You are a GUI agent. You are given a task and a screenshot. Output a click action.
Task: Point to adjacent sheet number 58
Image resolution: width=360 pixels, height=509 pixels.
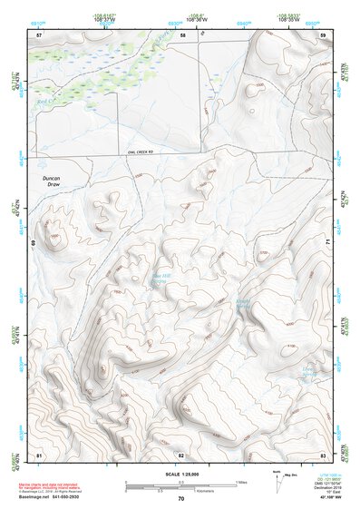pyautogui.click(x=182, y=34)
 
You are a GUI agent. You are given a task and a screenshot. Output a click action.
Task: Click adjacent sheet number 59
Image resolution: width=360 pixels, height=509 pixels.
pyautogui.click(x=323, y=34)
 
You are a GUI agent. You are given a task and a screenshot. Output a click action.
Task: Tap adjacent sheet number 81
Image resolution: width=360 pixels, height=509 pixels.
pyautogui.click(x=39, y=454)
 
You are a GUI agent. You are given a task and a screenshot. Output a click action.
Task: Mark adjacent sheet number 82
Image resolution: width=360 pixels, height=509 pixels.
pyautogui.click(x=181, y=454)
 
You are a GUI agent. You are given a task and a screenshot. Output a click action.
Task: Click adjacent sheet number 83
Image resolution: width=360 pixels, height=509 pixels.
pyautogui.click(x=323, y=454)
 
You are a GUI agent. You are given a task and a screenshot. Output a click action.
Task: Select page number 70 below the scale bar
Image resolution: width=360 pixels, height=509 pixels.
pyautogui.click(x=181, y=499)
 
